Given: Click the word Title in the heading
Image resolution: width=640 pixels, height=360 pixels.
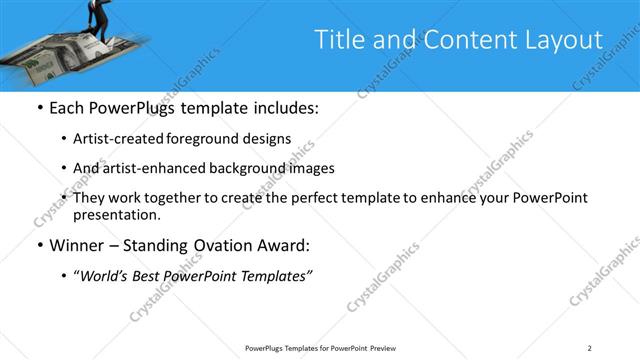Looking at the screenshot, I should (339, 40).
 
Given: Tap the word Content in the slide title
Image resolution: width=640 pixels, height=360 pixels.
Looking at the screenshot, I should (458, 40).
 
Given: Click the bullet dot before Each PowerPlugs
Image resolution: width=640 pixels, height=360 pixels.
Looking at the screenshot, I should (39, 108).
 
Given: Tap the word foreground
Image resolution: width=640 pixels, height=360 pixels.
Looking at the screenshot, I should (214, 139).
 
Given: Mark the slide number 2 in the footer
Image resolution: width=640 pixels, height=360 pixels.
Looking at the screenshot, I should (589, 348).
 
